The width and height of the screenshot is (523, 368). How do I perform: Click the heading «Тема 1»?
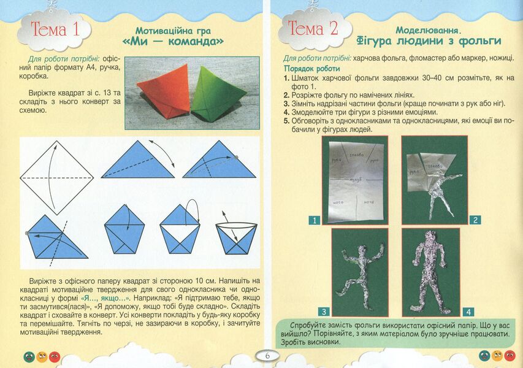[55, 29]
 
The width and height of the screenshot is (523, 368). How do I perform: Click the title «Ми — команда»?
[172, 42]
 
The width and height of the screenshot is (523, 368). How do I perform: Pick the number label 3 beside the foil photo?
[324, 311]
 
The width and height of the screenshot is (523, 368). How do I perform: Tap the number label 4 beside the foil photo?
[468, 311]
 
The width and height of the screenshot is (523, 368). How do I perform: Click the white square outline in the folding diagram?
[56, 177]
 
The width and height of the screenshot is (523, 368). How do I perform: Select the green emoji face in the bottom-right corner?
[484, 356]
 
